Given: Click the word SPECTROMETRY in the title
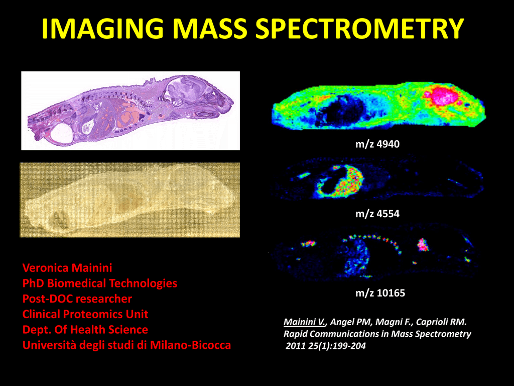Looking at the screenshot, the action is (x=359, y=28).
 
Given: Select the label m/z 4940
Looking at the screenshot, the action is (x=377, y=144).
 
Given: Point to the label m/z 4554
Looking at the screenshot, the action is (x=377, y=214).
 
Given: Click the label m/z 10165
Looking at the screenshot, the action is (x=380, y=293).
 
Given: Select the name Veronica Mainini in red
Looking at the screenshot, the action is (x=67, y=268).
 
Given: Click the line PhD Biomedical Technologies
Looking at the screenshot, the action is (x=100, y=283).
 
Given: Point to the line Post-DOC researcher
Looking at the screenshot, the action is (x=77, y=299).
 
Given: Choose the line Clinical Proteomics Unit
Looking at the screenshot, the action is (x=85, y=314).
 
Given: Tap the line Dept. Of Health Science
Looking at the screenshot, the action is (x=85, y=330).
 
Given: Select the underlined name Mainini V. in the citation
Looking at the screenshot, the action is (x=305, y=322).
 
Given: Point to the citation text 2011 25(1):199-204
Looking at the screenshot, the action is (x=325, y=346).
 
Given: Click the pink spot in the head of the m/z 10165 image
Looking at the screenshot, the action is (x=423, y=245).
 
